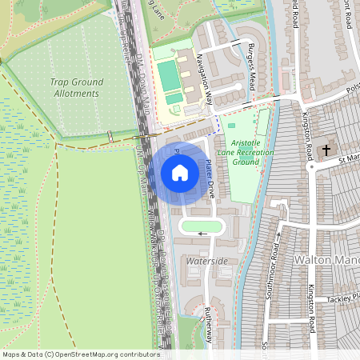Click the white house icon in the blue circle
click(179, 172)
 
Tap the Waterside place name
click(207, 262)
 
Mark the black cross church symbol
click(326, 150)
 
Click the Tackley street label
click(343, 298)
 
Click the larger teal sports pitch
click(170, 78)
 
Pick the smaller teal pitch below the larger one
click(174, 99)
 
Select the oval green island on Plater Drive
click(202, 226)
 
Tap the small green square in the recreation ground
click(232, 126)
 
